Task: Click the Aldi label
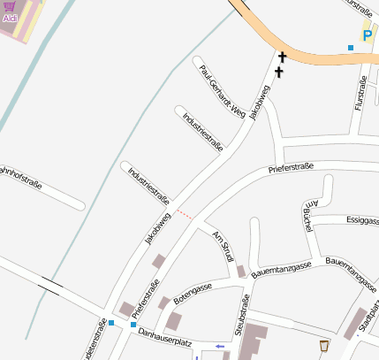tap(10, 18)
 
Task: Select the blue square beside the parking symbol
tap(351, 47)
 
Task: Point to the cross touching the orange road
tap(283, 57)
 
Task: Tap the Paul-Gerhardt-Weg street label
tap(221, 91)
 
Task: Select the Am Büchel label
tap(310, 215)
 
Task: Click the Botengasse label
tap(193, 294)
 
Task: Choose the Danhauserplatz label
tap(165, 337)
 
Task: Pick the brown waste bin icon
tap(324, 345)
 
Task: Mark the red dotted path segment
tap(184, 213)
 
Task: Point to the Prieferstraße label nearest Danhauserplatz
tap(146, 298)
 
